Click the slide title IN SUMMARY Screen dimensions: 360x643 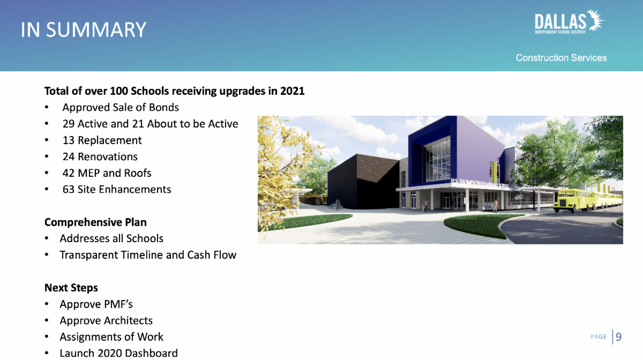pos(83,29)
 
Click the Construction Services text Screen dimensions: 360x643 pos(561,58)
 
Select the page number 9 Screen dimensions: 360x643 pos(618,336)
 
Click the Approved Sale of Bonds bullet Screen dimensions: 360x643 pos(121,107)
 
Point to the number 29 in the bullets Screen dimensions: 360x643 pos(69,124)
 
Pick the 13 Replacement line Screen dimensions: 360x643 pos(102,140)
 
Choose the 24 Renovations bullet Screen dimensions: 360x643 pos(100,157)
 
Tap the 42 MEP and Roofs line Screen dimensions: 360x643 pos(107,173)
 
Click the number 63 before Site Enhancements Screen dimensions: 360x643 pos(69,189)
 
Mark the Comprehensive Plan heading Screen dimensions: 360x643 pos(95,222)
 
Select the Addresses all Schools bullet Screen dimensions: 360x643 pos(111,238)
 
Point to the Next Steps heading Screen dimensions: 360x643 pos(71,288)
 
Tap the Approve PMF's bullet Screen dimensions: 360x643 pos(96,304)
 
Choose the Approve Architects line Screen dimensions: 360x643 pos(106,320)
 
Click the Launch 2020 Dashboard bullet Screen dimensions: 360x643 pos(118,353)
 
